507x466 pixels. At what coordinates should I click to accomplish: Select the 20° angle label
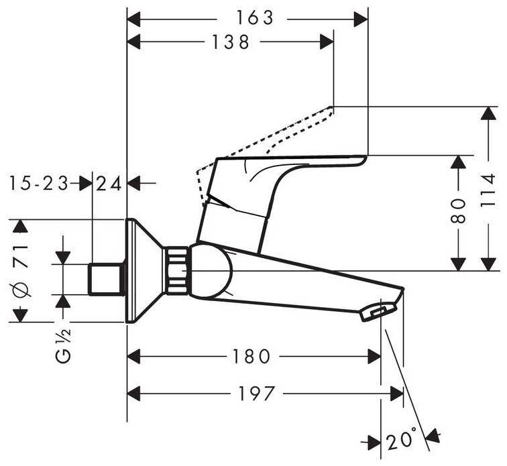[x=402, y=441]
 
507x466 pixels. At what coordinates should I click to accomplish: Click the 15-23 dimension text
[x=40, y=182]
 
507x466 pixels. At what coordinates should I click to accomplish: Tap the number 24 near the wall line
[x=109, y=182]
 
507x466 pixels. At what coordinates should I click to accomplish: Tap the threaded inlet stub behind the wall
[x=107, y=278]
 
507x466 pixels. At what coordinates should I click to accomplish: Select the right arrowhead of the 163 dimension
[x=362, y=18]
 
